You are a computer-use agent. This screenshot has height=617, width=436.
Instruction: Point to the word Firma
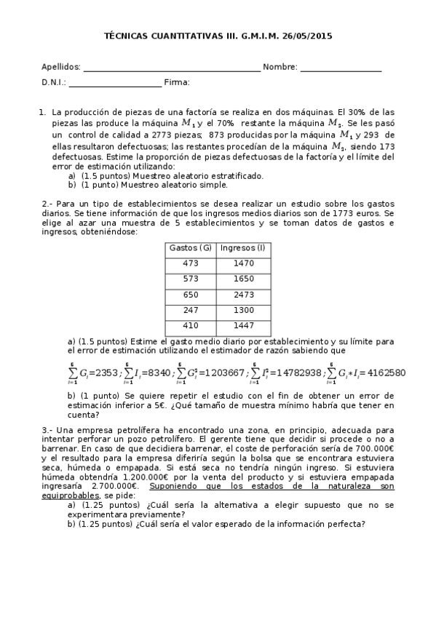(x=177, y=82)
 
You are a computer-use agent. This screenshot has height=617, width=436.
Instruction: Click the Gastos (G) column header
(x=191, y=247)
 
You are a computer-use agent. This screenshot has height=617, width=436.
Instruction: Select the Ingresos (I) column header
(x=245, y=247)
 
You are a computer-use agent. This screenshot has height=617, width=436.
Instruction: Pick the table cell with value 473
(x=191, y=263)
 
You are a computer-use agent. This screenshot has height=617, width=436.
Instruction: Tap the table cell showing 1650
(x=245, y=279)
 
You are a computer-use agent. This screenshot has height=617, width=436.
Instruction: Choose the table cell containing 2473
(x=245, y=295)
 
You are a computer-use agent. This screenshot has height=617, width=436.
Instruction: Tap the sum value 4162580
(x=381, y=373)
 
